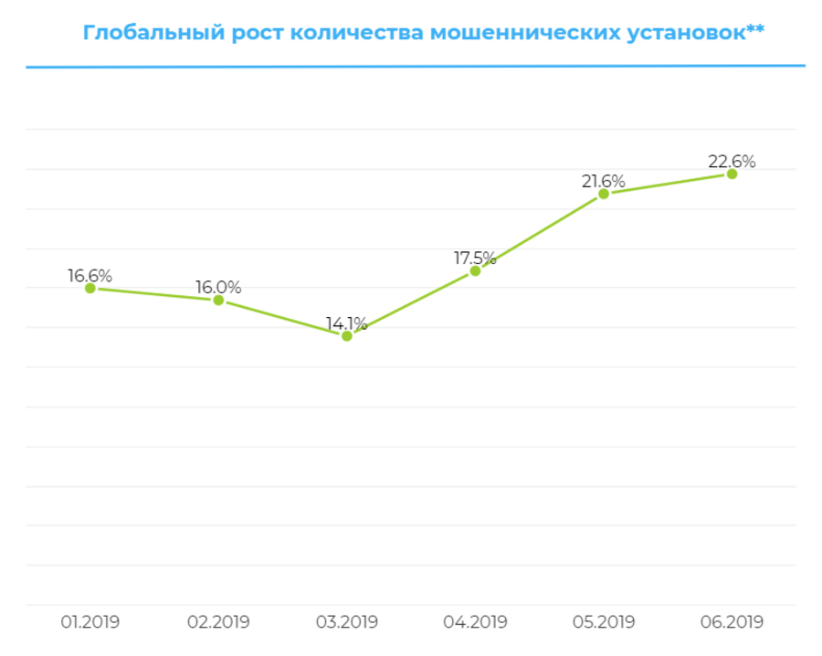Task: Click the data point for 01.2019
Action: [x=90, y=288]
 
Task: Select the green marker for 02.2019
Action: [x=218, y=300]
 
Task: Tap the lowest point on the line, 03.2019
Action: [x=347, y=336]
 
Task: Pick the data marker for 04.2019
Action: [x=475, y=270]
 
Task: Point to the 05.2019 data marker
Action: [x=604, y=194]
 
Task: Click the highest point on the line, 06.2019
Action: [x=732, y=174]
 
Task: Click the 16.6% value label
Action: [x=90, y=275]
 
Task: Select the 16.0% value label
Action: [x=218, y=287]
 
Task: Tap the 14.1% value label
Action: [x=347, y=323]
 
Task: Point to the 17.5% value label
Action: [x=475, y=258]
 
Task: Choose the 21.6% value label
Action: [x=604, y=181]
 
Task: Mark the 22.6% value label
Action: [x=732, y=161]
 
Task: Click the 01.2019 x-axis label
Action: [x=90, y=622]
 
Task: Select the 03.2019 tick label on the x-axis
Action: [x=347, y=622]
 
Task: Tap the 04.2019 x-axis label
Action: [x=475, y=622]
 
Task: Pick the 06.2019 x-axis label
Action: [x=732, y=622]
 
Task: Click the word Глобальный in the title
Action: [x=140, y=34]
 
